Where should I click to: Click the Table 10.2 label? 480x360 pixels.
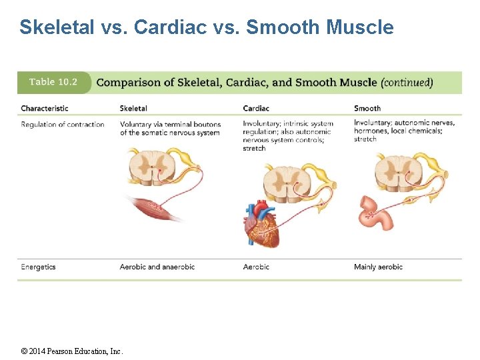point(53,82)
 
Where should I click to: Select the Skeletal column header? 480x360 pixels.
point(133,108)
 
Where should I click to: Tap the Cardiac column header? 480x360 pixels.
point(256,108)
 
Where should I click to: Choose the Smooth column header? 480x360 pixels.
point(367,108)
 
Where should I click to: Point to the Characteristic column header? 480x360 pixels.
point(45,108)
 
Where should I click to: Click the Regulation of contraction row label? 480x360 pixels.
point(63,124)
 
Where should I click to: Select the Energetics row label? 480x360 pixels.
point(38,267)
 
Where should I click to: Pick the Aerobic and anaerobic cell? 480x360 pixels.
point(157,267)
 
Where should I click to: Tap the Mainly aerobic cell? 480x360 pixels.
point(378,267)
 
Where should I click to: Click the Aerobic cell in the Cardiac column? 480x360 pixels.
point(256,267)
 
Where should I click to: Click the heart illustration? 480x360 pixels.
point(261,224)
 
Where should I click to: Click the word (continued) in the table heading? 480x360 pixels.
point(407,83)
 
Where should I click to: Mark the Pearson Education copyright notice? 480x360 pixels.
point(72,351)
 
